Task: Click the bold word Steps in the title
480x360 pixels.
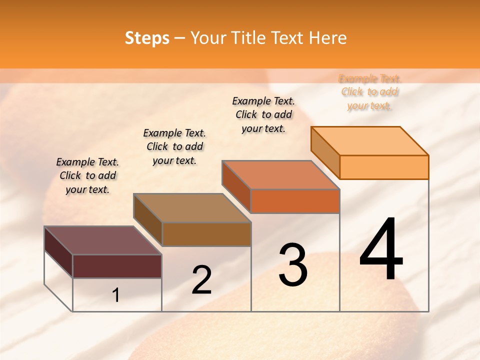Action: pyautogui.click(x=147, y=38)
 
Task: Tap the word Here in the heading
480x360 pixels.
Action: pyautogui.click(x=327, y=38)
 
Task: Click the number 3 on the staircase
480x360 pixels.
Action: pyautogui.click(x=292, y=264)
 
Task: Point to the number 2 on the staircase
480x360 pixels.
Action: pyautogui.click(x=201, y=280)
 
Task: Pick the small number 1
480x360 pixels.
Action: pyautogui.click(x=116, y=295)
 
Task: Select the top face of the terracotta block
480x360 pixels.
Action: pyautogui.click(x=280, y=175)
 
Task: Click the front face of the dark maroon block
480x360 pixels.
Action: pyautogui.click(x=117, y=266)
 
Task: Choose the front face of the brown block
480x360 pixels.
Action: pyautogui.click(x=206, y=234)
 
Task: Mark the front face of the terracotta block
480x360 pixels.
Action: pyautogui.click(x=295, y=201)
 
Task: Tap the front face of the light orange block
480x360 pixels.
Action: pyautogui.click(x=384, y=167)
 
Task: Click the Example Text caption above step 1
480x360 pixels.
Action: pyautogui.click(x=87, y=175)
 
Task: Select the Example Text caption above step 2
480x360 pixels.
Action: pyautogui.click(x=174, y=146)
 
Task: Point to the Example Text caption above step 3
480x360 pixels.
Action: pyautogui.click(x=263, y=114)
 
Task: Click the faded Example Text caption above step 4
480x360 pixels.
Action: pyautogui.click(x=369, y=92)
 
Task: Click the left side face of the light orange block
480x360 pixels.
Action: pyautogui.click(x=325, y=152)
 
